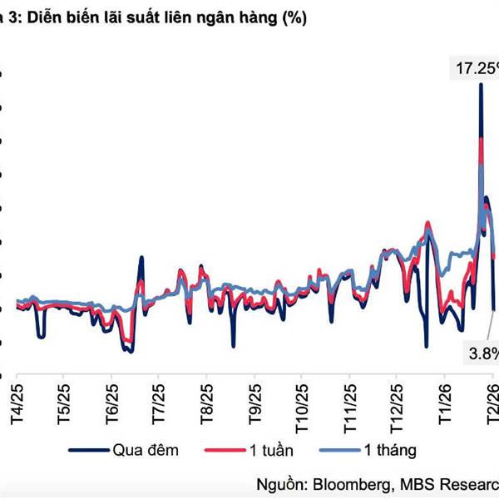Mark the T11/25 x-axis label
[x=350, y=397]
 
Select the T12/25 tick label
[x=397, y=397]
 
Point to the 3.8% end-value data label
[x=483, y=353]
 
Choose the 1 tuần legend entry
[x=274, y=450]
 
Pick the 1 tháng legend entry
[x=388, y=450]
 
